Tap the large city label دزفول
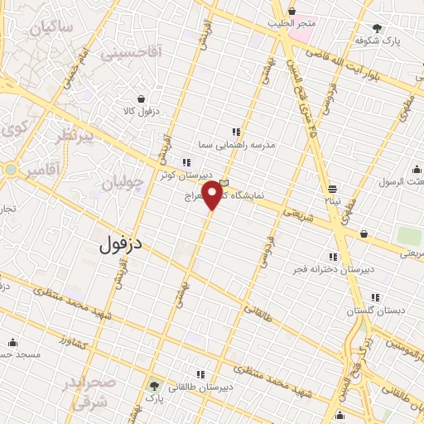(122, 244)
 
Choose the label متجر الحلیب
(291, 23)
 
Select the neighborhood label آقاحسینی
(132, 53)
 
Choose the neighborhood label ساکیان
(51, 29)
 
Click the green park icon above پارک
(154, 386)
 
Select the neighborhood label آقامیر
(41, 171)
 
